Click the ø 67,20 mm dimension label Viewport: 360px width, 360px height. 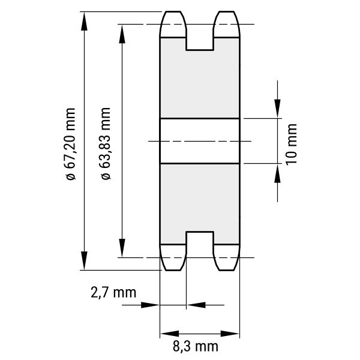70,144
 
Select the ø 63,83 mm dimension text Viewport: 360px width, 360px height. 106,143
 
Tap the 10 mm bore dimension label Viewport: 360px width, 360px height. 292,145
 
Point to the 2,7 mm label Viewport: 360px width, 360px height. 113,293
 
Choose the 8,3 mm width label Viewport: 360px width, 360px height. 196,346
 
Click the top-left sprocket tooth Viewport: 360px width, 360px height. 173,24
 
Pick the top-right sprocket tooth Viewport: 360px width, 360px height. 227,24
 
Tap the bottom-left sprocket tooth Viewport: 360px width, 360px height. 173,257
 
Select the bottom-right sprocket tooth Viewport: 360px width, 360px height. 227,257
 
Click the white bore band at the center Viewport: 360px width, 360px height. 200,141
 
